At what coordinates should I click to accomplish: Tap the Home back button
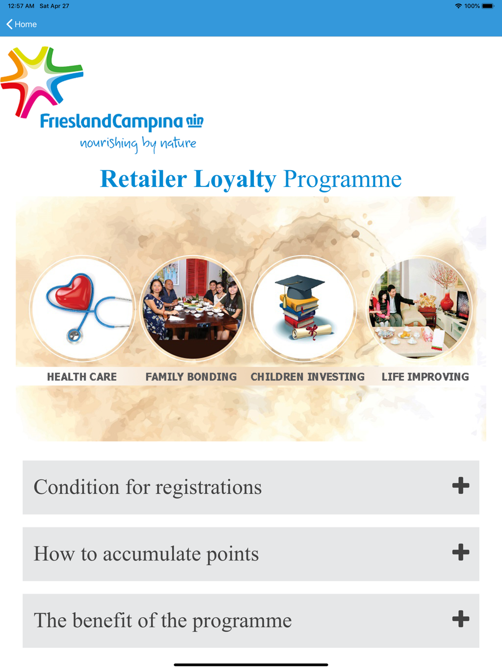coord(22,24)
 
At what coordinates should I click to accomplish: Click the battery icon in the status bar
coord(487,6)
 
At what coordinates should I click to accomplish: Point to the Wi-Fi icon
coord(458,6)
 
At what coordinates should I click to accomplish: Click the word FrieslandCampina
coord(111,122)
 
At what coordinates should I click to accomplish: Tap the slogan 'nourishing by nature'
coord(138,144)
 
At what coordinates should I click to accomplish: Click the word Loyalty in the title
coord(235,179)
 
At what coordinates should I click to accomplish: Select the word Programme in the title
coord(342,180)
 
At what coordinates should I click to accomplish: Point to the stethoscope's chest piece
coord(74,336)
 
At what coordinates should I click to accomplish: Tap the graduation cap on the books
coord(299,286)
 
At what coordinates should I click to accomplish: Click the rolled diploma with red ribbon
coord(312,331)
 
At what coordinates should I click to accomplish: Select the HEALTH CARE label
coord(82,377)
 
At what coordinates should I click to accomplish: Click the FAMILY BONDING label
coord(191,377)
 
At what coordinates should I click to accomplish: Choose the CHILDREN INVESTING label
coord(307,377)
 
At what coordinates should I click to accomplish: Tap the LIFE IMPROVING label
coord(425,377)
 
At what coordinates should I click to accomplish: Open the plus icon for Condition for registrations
coord(460,485)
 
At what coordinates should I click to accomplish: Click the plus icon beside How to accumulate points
coord(460,552)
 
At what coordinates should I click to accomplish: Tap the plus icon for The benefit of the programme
coord(460,619)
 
